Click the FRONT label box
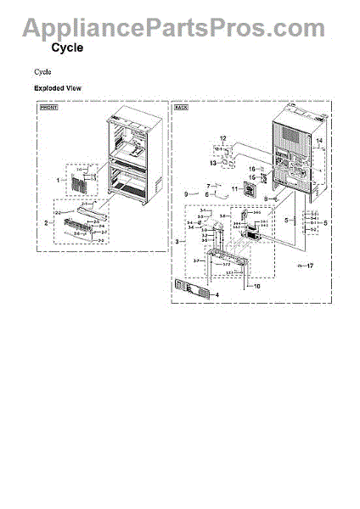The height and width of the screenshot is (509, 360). [x=49, y=109]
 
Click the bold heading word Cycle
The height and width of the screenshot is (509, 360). [x=67, y=48]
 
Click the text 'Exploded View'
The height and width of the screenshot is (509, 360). [x=58, y=88]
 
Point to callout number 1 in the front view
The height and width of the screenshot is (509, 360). [x=59, y=181]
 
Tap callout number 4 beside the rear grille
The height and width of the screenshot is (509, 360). [x=216, y=295]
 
